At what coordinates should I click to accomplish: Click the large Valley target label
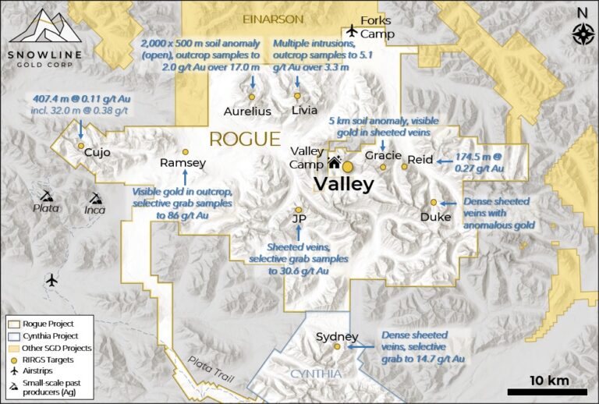click(x=343, y=185)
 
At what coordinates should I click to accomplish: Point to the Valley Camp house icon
click(x=335, y=162)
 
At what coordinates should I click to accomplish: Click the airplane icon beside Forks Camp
click(x=351, y=30)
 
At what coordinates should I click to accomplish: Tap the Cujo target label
click(x=97, y=153)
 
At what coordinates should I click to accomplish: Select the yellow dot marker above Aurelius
click(x=252, y=97)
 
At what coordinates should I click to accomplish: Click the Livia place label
click(x=304, y=110)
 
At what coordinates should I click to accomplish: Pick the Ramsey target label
click(x=183, y=163)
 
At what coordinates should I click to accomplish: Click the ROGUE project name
click(x=244, y=140)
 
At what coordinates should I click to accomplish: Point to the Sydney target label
click(x=337, y=337)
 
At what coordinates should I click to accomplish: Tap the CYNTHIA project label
click(x=316, y=374)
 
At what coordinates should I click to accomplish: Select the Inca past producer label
click(x=96, y=209)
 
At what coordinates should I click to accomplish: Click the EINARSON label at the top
click(x=273, y=18)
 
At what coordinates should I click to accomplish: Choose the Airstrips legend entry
click(x=47, y=372)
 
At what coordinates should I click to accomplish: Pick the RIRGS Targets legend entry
click(x=51, y=360)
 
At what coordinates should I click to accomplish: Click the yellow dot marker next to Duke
click(x=434, y=203)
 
